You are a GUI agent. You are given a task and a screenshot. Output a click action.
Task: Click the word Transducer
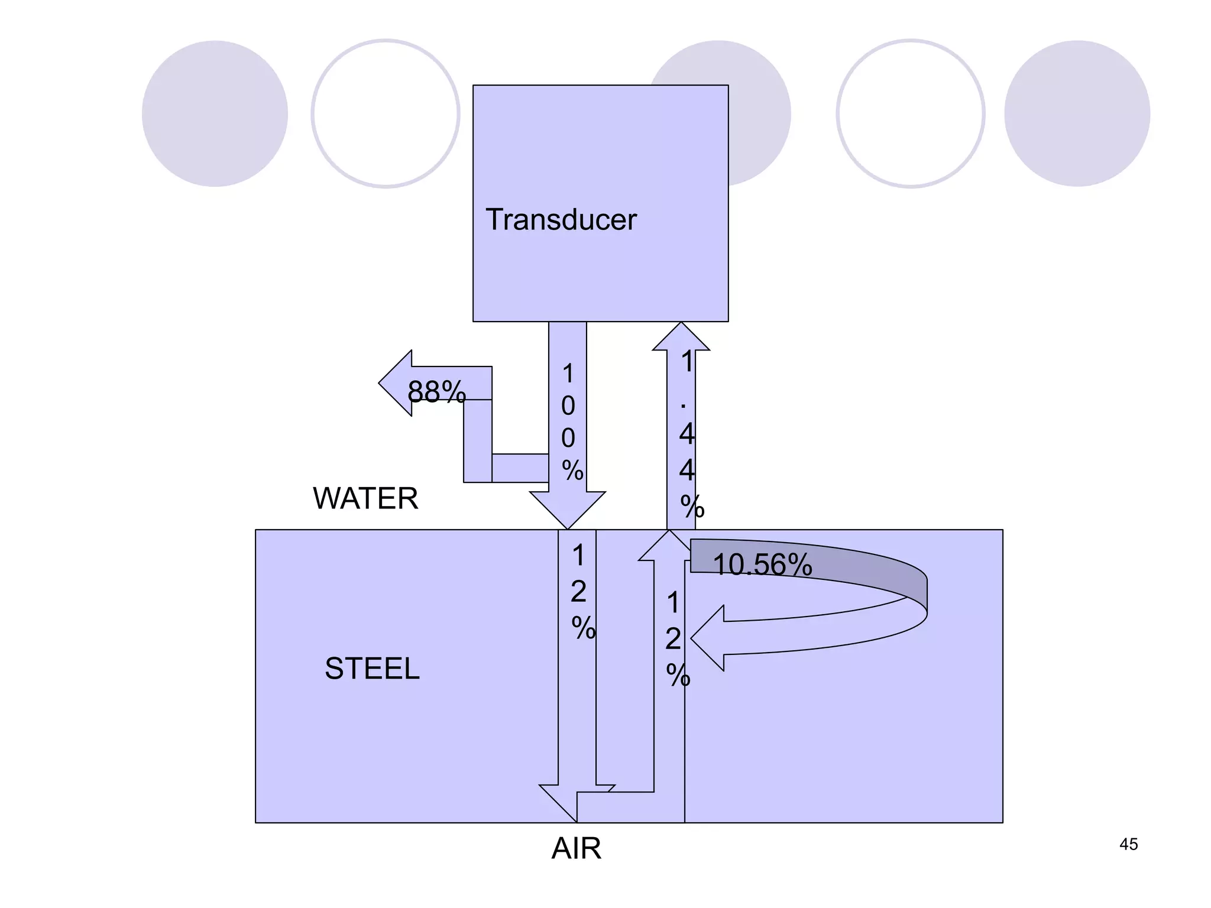click(561, 220)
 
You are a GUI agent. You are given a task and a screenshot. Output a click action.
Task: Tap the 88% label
click(436, 391)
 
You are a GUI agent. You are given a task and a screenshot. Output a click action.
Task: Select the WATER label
click(365, 498)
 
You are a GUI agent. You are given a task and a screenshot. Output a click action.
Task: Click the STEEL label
click(372, 669)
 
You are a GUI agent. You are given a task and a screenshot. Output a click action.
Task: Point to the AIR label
click(576, 849)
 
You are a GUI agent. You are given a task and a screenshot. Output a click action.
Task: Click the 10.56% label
click(762, 565)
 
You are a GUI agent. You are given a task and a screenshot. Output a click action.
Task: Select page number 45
click(1128, 844)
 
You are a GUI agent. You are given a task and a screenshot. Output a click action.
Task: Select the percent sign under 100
click(572, 471)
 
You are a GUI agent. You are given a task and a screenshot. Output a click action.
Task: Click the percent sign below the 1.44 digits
click(692, 507)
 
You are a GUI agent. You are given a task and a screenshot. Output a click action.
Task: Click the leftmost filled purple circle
click(215, 113)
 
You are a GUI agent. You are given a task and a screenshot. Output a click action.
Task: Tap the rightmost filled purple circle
click(1077, 113)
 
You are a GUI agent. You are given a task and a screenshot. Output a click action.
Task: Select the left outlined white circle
click(386, 113)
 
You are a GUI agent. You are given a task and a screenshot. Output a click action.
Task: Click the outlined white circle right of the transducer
click(910, 113)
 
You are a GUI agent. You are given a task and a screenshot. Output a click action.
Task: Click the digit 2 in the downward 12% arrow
click(578, 592)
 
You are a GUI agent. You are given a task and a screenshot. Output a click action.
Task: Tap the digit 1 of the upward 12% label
click(673, 603)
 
